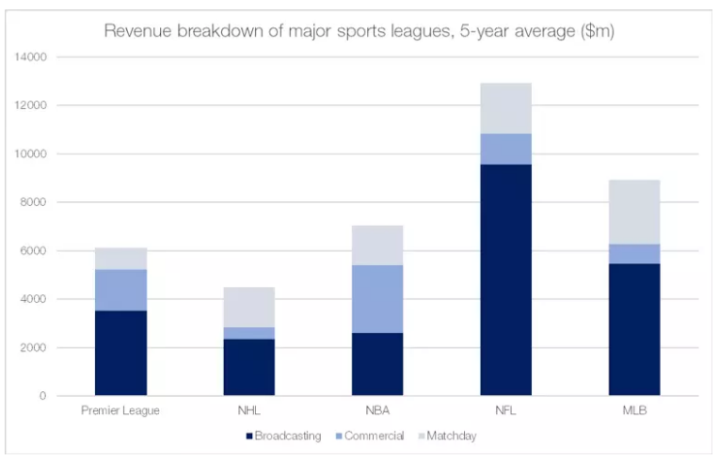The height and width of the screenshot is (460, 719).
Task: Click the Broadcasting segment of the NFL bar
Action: point(505,279)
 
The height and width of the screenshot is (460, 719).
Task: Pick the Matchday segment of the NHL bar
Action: point(249,307)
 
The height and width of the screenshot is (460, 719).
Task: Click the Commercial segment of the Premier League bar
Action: point(121,290)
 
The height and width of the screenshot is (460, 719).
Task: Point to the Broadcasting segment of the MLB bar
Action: point(633,329)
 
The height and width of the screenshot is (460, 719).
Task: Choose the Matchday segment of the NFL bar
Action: point(505,108)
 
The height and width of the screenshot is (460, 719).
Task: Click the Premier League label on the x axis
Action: point(121,412)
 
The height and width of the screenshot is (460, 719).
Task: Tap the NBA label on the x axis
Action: point(377,412)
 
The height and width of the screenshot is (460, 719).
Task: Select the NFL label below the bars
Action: point(505,412)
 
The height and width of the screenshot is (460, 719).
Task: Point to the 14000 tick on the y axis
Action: point(31,57)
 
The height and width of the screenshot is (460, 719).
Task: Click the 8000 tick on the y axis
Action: point(34,202)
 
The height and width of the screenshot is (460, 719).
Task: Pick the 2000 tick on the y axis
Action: point(34,348)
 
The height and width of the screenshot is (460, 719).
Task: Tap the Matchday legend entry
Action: point(450,436)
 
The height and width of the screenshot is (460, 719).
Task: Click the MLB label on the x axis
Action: point(633,412)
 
